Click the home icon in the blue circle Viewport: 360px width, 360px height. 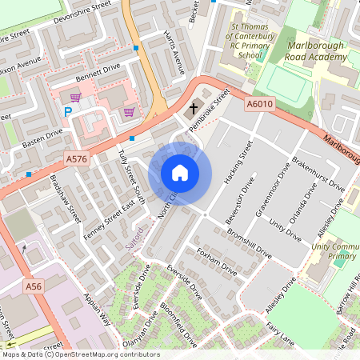pyautogui.click(x=180, y=173)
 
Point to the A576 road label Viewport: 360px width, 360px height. pyautogui.click(x=77, y=159)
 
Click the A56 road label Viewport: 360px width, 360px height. pyautogui.click(x=33, y=286)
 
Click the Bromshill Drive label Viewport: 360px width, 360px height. pyautogui.click(x=249, y=241)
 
